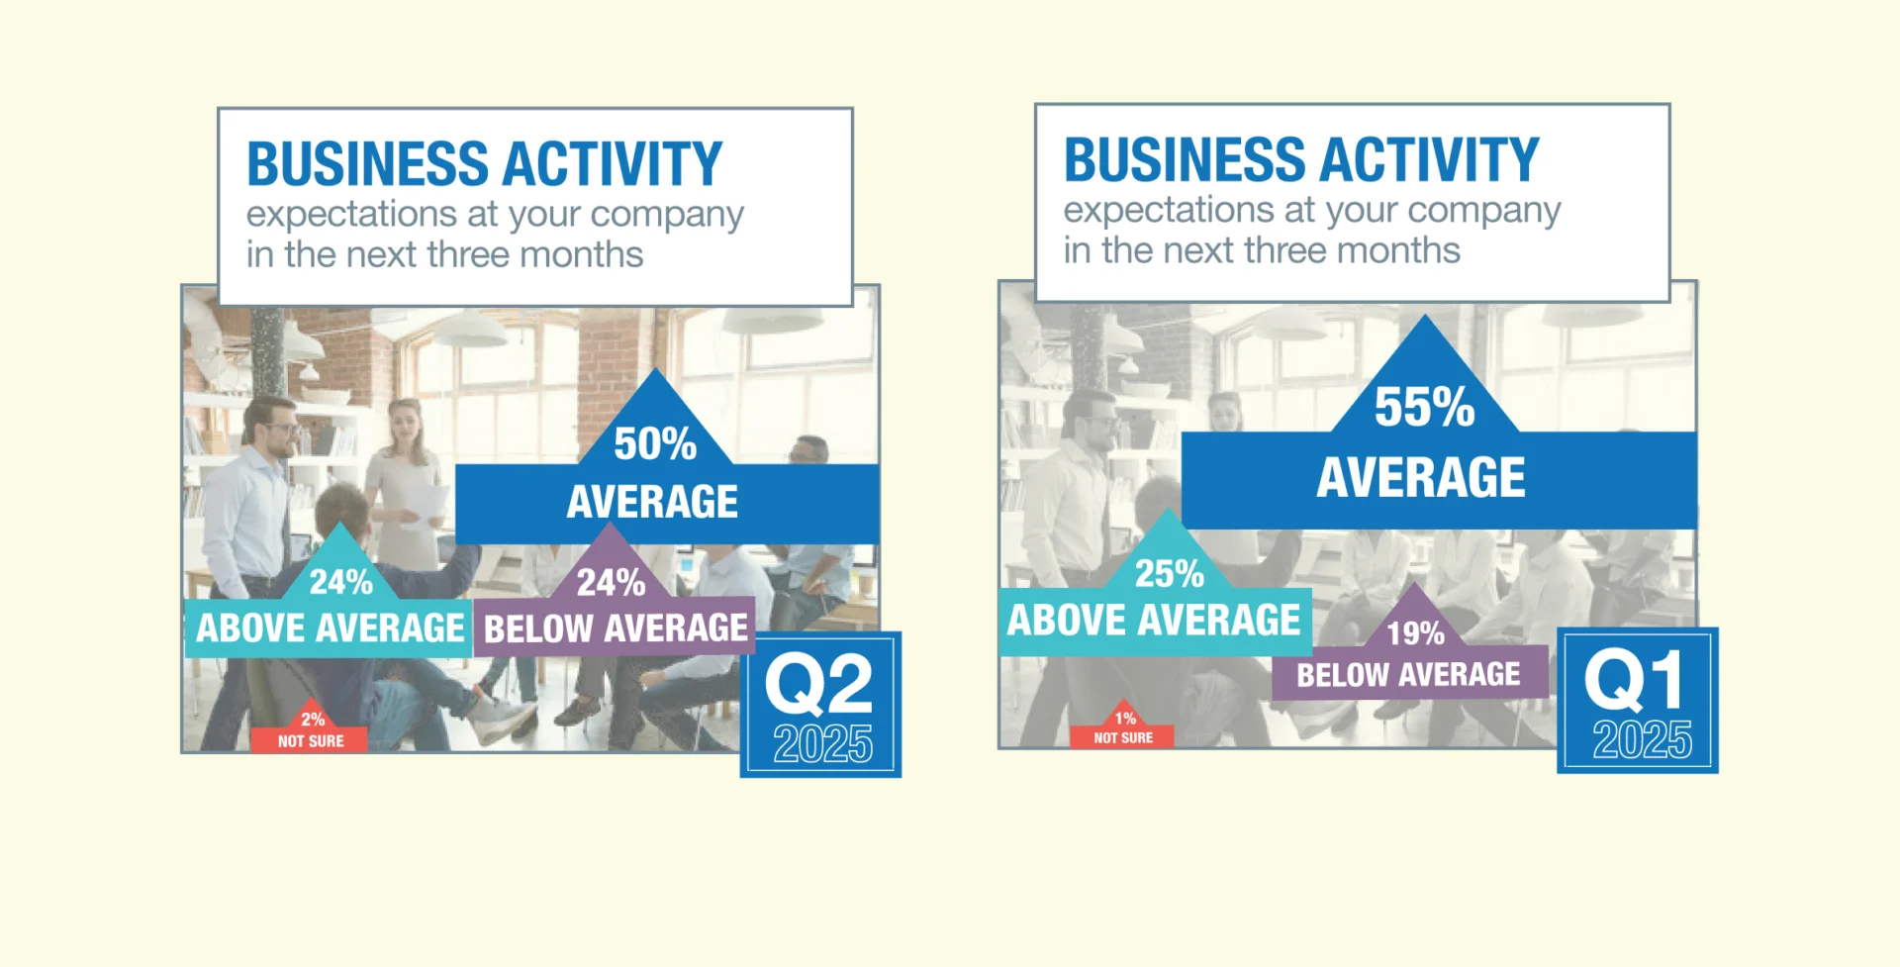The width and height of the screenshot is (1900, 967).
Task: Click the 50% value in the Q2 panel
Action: click(655, 443)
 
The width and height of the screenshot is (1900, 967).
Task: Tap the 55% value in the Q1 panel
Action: click(1424, 407)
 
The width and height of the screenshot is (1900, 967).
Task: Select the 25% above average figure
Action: click(1169, 573)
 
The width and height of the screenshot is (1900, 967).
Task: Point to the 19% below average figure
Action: click(1415, 633)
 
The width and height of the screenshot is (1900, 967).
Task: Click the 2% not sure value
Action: click(313, 720)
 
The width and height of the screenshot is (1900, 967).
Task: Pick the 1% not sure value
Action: click(1125, 718)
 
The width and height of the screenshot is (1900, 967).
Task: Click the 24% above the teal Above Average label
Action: click(340, 582)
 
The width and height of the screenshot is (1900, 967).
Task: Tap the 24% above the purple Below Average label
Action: click(611, 582)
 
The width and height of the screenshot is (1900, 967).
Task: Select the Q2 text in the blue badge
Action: click(819, 684)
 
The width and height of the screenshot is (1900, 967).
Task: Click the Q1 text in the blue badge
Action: click(1634, 680)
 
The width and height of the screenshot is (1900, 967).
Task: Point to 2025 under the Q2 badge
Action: click(822, 744)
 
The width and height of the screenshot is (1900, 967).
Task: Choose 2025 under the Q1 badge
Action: click(1642, 740)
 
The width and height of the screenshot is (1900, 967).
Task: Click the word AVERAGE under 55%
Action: click(1421, 477)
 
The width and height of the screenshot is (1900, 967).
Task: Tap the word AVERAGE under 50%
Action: click(652, 502)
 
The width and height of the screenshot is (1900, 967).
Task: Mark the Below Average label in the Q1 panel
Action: click(1408, 675)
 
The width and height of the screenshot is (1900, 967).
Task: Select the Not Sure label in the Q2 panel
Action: click(311, 741)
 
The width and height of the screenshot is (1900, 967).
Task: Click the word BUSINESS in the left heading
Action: click(367, 164)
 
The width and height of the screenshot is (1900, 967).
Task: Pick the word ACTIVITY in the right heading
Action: click(1428, 160)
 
